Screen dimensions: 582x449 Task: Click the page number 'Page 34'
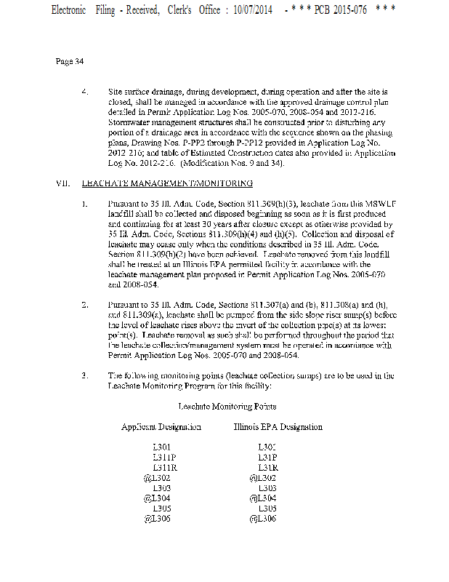pos(69,61)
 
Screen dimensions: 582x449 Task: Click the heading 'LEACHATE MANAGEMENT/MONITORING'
pos(162,185)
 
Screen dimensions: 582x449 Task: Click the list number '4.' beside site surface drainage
pos(85,92)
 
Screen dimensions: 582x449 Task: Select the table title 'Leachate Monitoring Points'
pos(227,405)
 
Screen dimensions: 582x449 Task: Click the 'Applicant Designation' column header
pos(161,427)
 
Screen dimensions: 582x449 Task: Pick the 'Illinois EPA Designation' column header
pos(278,427)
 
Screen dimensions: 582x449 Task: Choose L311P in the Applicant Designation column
pos(164,457)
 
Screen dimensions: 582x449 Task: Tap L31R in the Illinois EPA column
pos(269,467)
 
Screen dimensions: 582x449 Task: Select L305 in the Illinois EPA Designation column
pos(267,509)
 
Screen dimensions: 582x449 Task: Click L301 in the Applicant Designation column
pos(163,447)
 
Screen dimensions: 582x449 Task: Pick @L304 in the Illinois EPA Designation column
pos(263,498)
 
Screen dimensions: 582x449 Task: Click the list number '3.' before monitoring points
pos(85,375)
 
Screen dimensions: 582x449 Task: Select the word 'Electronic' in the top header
pos(69,12)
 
